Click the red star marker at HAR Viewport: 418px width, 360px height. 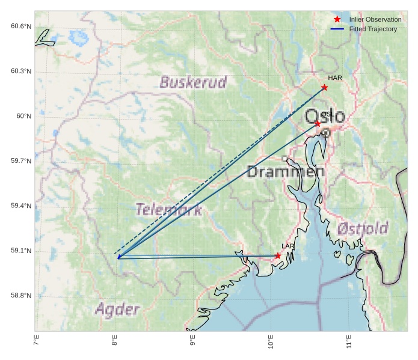[x=324, y=87]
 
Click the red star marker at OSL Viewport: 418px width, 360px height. [x=318, y=123]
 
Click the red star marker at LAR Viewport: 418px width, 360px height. [x=278, y=255]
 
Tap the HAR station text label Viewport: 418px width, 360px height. [x=335, y=78]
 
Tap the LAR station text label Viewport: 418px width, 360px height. [x=288, y=246]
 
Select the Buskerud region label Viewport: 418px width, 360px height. [x=193, y=82]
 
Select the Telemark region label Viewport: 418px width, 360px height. [x=168, y=210]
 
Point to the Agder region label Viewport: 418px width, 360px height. [x=117, y=310]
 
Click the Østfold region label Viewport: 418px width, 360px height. [x=363, y=229]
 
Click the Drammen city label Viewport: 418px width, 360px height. [x=286, y=172]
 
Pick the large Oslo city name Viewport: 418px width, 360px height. [x=325, y=117]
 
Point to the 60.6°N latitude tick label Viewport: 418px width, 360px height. [x=21, y=26]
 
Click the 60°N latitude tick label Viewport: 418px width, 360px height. [x=24, y=116]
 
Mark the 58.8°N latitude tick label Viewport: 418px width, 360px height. [x=21, y=295]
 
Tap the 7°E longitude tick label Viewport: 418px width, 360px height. [x=37, y=343]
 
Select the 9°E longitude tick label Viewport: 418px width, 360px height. [x=193, y=343]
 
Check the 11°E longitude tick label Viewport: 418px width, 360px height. [x=349, y=343]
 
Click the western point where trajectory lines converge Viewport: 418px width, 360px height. [x=118, y=257]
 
